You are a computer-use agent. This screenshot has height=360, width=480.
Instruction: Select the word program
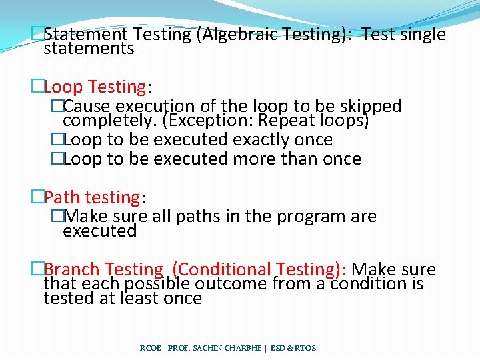point(315,217)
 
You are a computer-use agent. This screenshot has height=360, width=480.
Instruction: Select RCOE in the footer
point(150,348)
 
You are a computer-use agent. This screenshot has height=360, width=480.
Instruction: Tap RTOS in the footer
point(305,348)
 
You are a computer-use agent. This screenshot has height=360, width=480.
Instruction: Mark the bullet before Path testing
point(37,197)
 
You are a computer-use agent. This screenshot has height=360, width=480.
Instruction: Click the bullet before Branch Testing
point(37,270)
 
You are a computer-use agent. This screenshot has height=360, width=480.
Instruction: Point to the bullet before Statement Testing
point(37,35)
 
